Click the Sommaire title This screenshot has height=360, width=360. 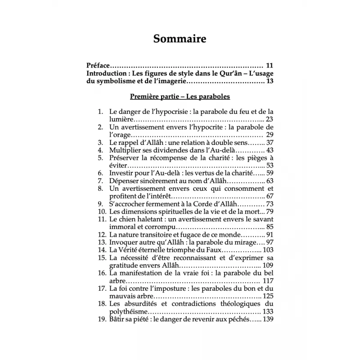click(180, 39)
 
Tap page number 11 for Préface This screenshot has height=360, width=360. click(270, 65)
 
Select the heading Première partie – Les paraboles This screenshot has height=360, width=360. click(180, 96)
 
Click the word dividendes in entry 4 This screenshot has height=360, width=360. click(175, 150)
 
